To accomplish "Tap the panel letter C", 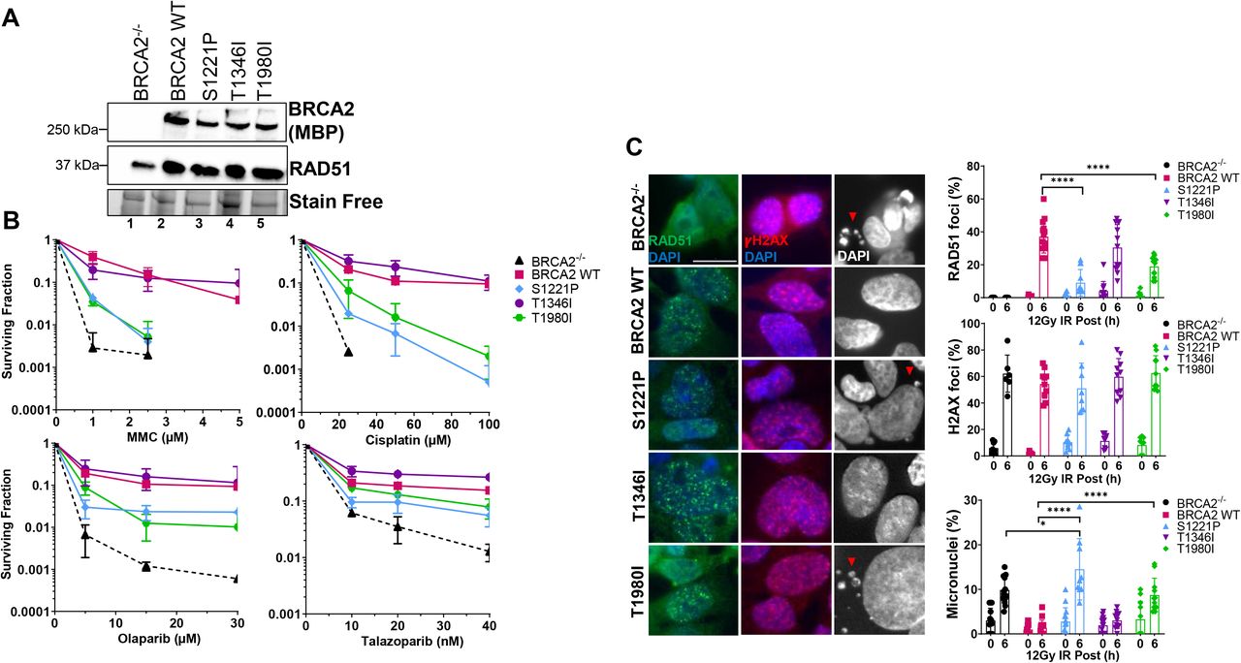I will (x=634, y=146).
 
